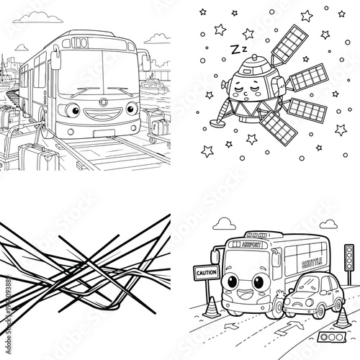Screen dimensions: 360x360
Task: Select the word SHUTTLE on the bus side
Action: [312, 264]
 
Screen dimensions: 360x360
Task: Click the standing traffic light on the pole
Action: [350, 255]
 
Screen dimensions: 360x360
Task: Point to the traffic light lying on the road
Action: [328, 337]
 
